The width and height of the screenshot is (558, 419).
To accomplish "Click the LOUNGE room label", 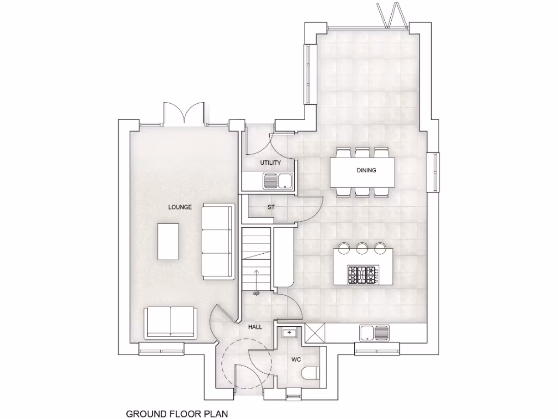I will pyautogui.click(x=180, y=207).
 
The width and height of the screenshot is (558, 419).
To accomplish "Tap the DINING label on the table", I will pyautogui.click(x=366, y=170).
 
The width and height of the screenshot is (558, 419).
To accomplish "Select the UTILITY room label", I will pyautogui.click(x=270, y=163).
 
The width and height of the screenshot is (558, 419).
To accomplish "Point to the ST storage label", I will pyautogui.click(x=271, y=207).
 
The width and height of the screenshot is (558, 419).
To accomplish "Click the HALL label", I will pyautogui.click(x=255, y=327).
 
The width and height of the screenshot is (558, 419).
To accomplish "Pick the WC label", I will pyautogui.click(x=296, y=360).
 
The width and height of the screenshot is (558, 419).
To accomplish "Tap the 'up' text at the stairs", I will pyautogui.click(x=256, y=294).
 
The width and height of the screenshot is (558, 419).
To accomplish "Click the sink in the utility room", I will pyautogui.click(x=278, y=180).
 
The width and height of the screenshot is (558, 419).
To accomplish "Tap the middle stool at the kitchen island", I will pyautogui.click(x=362, y=249).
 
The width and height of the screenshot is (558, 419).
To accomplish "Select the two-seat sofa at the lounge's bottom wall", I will pyautogui.click(x=171, y=322).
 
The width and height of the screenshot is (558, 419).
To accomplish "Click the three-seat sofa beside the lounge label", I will pyautogui.click(x=217, y=241).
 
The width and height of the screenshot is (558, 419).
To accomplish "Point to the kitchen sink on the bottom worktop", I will pyautogui.click(x=374, y=331).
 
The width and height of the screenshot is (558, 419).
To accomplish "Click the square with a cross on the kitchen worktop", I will pyautogui.click(x=315, y=333).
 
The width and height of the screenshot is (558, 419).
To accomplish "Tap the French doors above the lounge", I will pyautogui.click(x=184, y=113).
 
